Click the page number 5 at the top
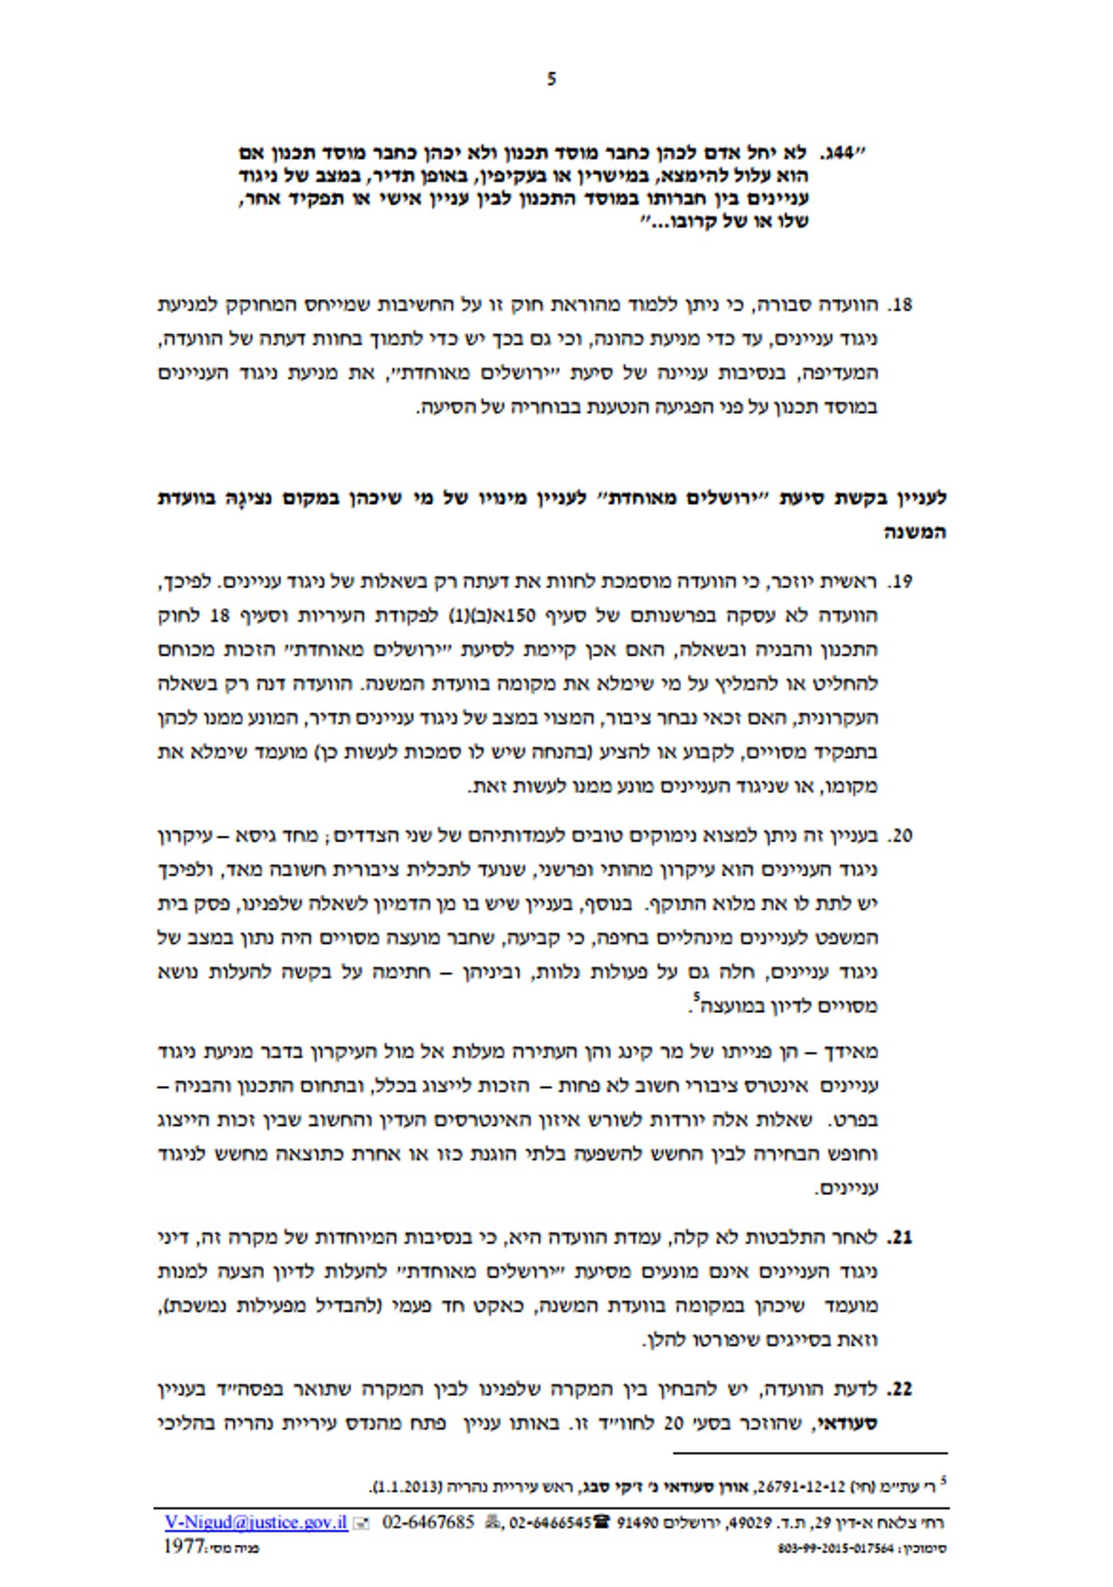[x=552, y=80]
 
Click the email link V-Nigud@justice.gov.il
[x=256, y=1523]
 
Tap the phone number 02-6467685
[x=429, y=1523]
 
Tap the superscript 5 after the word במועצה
[x=696, y=996]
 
